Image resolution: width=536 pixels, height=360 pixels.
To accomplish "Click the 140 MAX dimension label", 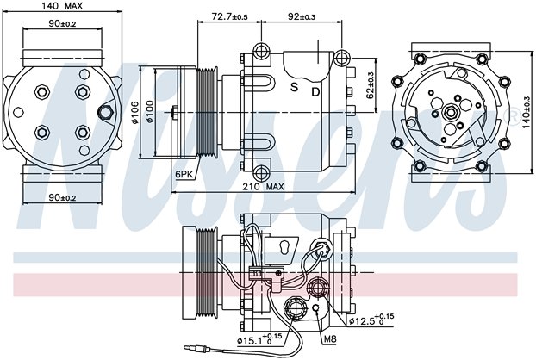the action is point(62,6).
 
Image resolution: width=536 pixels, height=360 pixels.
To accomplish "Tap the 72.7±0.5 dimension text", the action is point(229,16).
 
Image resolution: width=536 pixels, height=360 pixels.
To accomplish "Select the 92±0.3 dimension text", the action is point(302,16).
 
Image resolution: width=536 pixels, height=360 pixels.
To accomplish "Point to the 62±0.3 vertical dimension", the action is point(371,85).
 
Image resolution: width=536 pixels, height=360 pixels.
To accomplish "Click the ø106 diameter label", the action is point(135,113).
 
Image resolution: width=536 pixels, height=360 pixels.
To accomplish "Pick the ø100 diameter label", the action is point(151,112).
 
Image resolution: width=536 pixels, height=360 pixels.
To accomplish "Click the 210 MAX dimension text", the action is point(263,187).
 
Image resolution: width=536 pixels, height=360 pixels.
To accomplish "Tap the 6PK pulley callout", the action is point(184,174).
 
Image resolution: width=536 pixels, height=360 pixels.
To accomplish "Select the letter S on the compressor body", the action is point(295,87).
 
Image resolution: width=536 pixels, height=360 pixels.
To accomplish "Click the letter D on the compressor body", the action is point(315,91).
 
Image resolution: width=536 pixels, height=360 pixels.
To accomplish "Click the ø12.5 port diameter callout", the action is point(371,320).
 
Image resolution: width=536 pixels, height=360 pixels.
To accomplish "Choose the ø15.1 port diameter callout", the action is point(259,339).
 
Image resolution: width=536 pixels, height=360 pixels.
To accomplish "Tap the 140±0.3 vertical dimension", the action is point(527,113).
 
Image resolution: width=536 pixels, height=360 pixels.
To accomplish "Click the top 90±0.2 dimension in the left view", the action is point(62,23).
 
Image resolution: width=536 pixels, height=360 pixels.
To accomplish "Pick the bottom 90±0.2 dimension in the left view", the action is point(62,197).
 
